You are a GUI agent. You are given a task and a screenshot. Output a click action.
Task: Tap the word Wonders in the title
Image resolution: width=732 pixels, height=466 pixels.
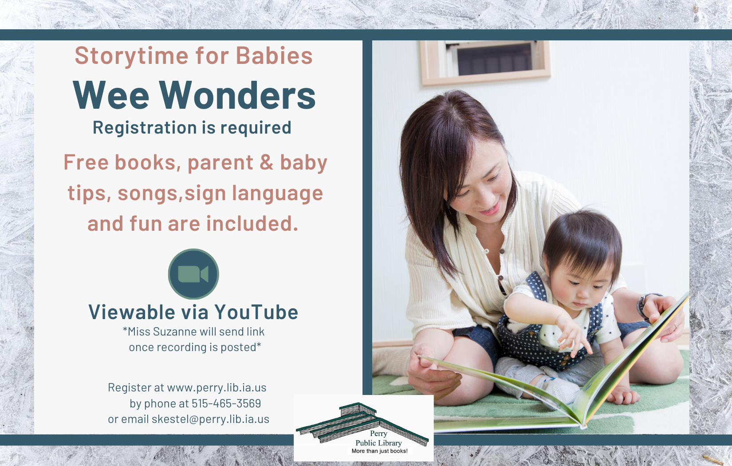point(237,95)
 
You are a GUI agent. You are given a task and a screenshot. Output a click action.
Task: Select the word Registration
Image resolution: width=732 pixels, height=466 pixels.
point(145,127)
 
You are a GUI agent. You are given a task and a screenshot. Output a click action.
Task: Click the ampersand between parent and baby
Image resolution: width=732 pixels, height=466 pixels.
point(266,162)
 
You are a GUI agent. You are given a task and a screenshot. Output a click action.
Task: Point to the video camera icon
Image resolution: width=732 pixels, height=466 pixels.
point(193,274)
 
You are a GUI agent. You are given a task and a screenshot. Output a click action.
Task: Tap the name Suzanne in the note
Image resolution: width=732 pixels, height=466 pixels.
point(174,332)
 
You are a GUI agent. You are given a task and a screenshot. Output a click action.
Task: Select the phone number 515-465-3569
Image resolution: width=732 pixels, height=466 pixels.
point(226,403)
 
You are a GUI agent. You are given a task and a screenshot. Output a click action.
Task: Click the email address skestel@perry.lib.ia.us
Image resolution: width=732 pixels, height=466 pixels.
point(210,419)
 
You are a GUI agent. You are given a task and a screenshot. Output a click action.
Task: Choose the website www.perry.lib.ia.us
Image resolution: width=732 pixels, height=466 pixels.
point(216,387)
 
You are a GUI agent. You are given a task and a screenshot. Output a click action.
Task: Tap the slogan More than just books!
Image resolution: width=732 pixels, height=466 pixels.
point(379,451)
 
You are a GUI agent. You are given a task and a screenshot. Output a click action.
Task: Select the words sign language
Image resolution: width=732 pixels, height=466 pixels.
point(254,194)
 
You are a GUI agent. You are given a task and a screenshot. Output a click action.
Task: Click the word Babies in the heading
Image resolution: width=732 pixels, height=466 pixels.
point(274,55)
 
